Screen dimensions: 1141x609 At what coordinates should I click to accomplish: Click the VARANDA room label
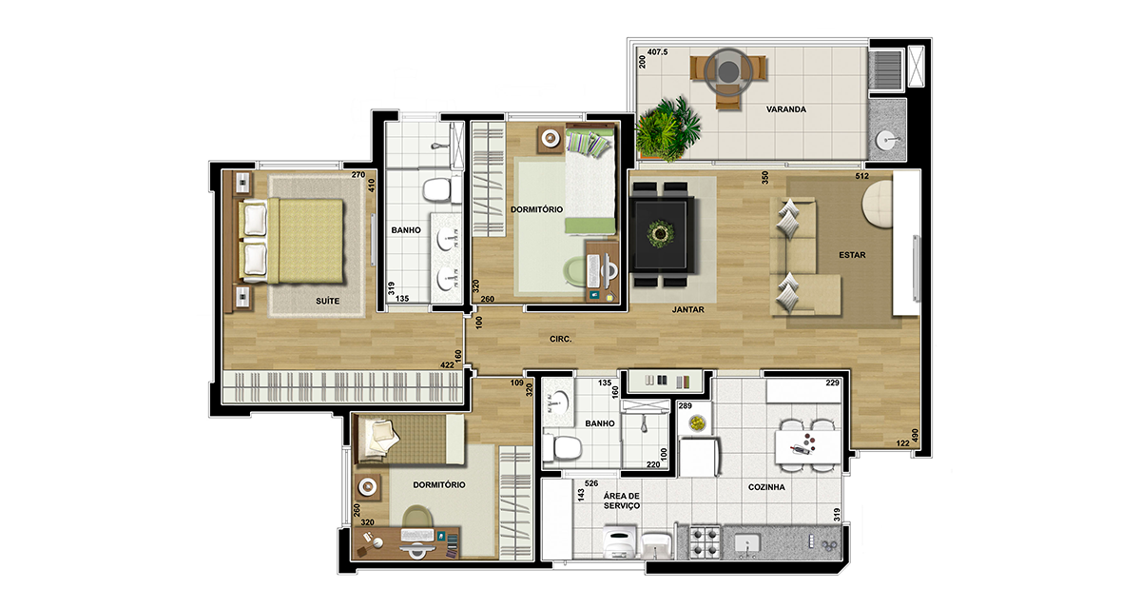coord(786,109)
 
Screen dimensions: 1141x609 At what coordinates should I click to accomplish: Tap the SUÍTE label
coord(327,301)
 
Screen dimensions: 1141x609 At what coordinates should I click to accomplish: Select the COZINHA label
coord(766,487)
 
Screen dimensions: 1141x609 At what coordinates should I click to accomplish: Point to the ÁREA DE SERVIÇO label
coord(622,501)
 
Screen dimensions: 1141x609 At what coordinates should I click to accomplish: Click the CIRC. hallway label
coord(560,339)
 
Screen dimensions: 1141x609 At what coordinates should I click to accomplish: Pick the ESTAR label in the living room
coord(852,255)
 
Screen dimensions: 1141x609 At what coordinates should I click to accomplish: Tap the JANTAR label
coord(688,309)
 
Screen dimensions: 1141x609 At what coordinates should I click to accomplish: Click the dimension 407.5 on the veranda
coord(658,52)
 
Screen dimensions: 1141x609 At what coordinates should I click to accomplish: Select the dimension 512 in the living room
coord(861,176)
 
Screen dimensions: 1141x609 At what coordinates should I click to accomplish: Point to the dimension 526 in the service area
coord(591,483)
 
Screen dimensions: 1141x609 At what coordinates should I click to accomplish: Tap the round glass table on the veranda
coord(728,70)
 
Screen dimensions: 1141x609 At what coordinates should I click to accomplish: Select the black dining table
coord(661,234)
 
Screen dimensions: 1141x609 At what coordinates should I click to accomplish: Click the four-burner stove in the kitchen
coord(705,542)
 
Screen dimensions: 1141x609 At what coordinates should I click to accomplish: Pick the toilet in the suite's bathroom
coord(437,189)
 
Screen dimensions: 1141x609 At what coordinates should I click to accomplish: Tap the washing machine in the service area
coord(619,542)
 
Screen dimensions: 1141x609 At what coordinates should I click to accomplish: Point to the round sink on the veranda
coord(887,140)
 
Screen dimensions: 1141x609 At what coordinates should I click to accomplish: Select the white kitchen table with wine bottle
coord(808,447)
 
